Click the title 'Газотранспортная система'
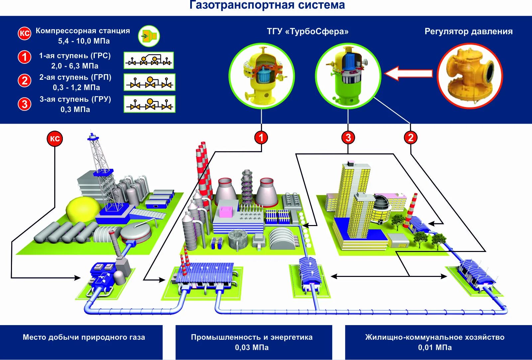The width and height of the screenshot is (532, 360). coord(267,5)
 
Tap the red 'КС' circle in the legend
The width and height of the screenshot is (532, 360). coord(24,33)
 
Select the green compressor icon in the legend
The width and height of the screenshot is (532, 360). coord(149,36)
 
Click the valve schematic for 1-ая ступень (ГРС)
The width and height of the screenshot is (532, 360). coord(149,60)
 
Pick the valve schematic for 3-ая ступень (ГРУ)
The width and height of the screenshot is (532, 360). coord(150,104)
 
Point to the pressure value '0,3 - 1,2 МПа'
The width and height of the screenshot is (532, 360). coord(76,87)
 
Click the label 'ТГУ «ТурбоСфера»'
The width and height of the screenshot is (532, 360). coord(308,32)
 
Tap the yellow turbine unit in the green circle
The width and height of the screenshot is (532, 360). coord(262,76)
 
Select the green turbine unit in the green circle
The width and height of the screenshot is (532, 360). coord(348,76)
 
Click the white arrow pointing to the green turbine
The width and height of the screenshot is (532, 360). coord(409,73)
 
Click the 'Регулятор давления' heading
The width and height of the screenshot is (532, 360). coord(468,32)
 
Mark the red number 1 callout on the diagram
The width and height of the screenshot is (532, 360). coord(261,137)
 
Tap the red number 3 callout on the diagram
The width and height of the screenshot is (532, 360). coord(348,137)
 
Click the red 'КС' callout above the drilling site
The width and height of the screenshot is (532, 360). coord(55,138)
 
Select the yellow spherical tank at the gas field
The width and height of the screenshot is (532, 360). coord(83,209)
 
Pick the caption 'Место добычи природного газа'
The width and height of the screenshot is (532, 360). coord(84,337)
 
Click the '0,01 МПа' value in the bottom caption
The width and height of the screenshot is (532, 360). coord(435,347)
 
